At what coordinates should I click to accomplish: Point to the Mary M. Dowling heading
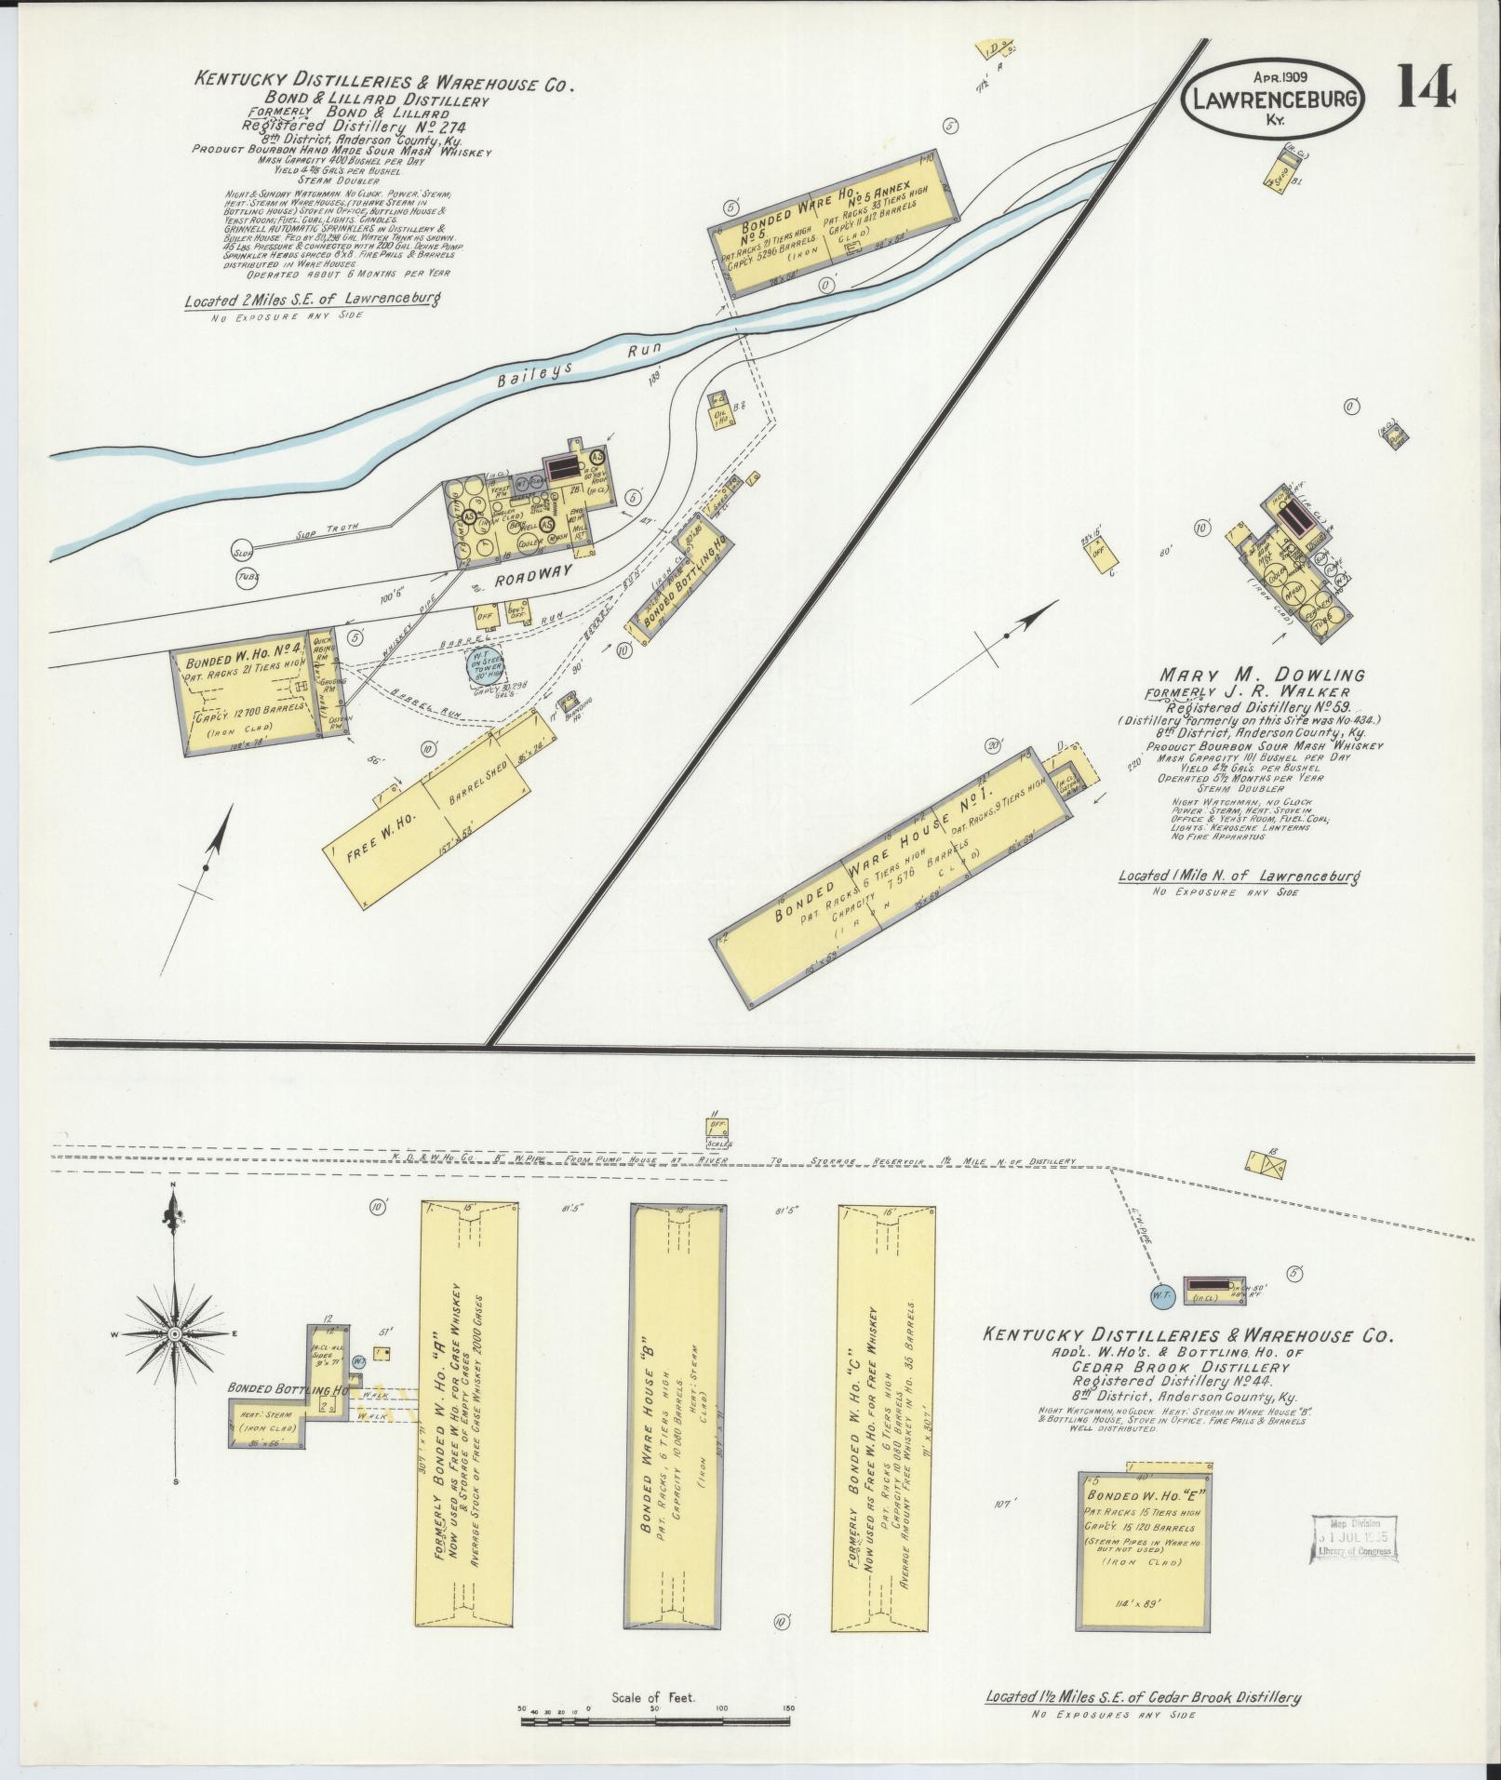[1261, 674]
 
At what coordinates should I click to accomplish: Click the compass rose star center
[174, 1333]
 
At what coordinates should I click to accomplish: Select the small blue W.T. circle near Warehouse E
[1159, 1293]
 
